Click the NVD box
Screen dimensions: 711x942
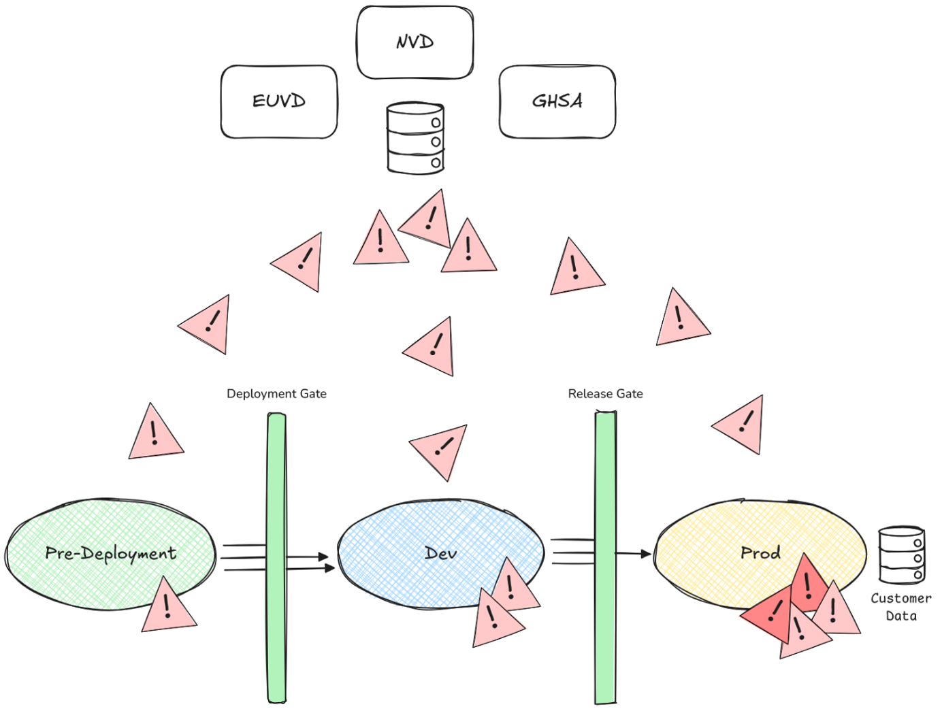[x=415, y=42]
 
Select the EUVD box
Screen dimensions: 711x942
[x=278, y=101]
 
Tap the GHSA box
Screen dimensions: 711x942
[x=557, y=101]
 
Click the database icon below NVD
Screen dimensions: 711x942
[x=415, y=138]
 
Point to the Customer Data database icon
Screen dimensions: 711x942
[x=901, y=555]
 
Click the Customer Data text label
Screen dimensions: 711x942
[x=900, y=607]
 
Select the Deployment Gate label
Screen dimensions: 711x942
[x=276, y=394]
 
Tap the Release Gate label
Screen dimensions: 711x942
[x=605, y=394]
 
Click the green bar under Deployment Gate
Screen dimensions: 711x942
[x=276, y=558]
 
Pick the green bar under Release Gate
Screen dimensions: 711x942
[x=605, y=558]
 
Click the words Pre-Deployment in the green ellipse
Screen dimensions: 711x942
[x=110, y=553]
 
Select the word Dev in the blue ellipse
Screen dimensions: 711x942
[x=440, y=553]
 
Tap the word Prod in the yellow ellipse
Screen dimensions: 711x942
[x=760, y=552]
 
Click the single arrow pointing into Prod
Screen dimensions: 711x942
[x=633, y=554]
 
